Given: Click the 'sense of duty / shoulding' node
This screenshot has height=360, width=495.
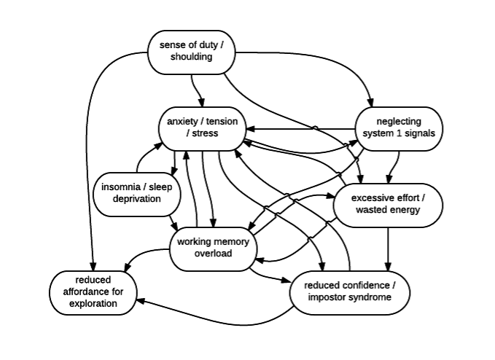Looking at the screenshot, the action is point(192,52).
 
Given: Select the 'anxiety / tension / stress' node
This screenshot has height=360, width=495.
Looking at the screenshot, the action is point(202,129).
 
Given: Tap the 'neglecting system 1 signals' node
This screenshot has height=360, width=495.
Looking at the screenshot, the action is point(399,129).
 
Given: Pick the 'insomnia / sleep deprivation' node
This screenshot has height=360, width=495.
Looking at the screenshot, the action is point(137,195).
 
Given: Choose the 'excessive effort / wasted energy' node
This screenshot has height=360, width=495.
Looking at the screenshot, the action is point(388,205).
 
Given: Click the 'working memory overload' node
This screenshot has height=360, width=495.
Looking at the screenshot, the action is point(214,249).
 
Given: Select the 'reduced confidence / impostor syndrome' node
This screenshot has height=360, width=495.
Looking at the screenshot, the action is point(350,293).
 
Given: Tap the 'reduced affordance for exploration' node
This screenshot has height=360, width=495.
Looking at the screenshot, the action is point(93,293).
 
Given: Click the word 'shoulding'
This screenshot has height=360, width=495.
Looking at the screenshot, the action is point(191,57).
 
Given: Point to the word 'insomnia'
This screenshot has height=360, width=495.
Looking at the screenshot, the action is point(120,187).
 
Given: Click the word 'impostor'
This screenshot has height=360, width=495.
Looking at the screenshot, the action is point(326,297).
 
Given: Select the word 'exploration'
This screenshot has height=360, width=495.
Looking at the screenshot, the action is point(93,304).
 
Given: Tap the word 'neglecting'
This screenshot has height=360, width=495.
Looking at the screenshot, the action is point(399,122).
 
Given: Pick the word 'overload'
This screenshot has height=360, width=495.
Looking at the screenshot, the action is point(214,254).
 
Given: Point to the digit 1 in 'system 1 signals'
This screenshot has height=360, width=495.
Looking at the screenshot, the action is point(399,133).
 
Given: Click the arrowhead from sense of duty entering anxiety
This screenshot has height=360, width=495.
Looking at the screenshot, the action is point(201,103).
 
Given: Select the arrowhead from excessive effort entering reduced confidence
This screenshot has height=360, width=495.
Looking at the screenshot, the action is point(388,267).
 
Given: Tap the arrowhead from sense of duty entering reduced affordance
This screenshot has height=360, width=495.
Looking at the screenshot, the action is point(93,267).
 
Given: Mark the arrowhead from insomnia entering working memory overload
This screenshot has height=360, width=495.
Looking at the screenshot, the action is point(174,227).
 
